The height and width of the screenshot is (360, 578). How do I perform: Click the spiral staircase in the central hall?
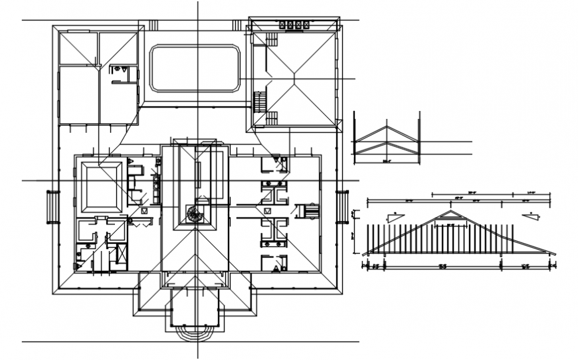click(195, 214)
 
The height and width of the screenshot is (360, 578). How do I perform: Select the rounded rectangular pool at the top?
click(195, 68)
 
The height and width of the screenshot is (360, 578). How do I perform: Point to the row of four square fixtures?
click(293, 25)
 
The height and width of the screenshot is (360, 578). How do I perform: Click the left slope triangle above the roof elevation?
click(396, 217)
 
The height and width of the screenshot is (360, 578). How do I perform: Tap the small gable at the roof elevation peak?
click(450, 215)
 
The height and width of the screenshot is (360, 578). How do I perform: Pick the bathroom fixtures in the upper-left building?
click(120, 70)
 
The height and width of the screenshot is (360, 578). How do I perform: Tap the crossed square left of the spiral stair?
click(142, 211)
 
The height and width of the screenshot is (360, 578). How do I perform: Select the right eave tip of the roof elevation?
click(553, 253)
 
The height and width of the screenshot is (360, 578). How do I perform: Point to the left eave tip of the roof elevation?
click(365, 253)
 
